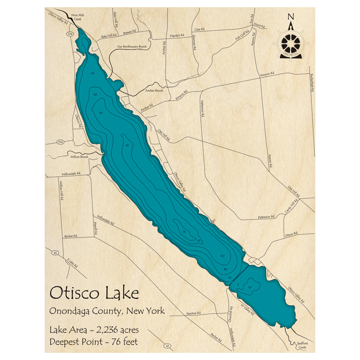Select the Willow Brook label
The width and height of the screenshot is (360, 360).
pos(79,157)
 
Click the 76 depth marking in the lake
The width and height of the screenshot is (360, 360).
pos(184,231)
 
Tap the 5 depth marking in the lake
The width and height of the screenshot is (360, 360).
pos(238,284)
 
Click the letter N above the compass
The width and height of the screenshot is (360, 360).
pos(291,17)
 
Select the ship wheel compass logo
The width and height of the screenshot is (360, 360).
pos(291,43)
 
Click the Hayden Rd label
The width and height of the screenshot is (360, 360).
pos(177,35)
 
